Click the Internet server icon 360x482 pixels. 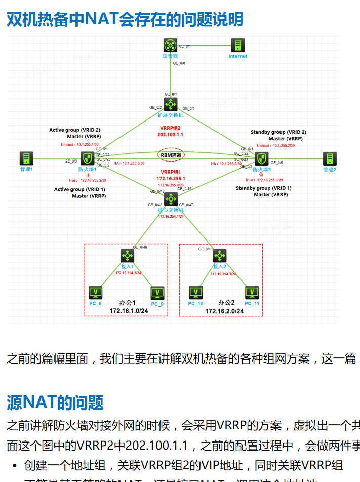tap(237, 46)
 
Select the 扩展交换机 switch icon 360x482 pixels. tap(171, 105)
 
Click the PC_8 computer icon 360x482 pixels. tap(96, 293)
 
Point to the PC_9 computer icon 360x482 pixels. tap(157, 293)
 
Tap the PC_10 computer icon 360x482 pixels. tap(195, 293)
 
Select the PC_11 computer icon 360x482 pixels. tap(252, 293)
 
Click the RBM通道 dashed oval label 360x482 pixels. tap(171, 154)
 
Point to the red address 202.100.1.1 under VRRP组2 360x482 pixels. tap(170, 135)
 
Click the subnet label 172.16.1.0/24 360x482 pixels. tap(129, 310)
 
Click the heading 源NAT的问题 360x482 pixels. tap(55, 403)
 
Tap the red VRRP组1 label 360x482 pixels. tap(171, 172)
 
